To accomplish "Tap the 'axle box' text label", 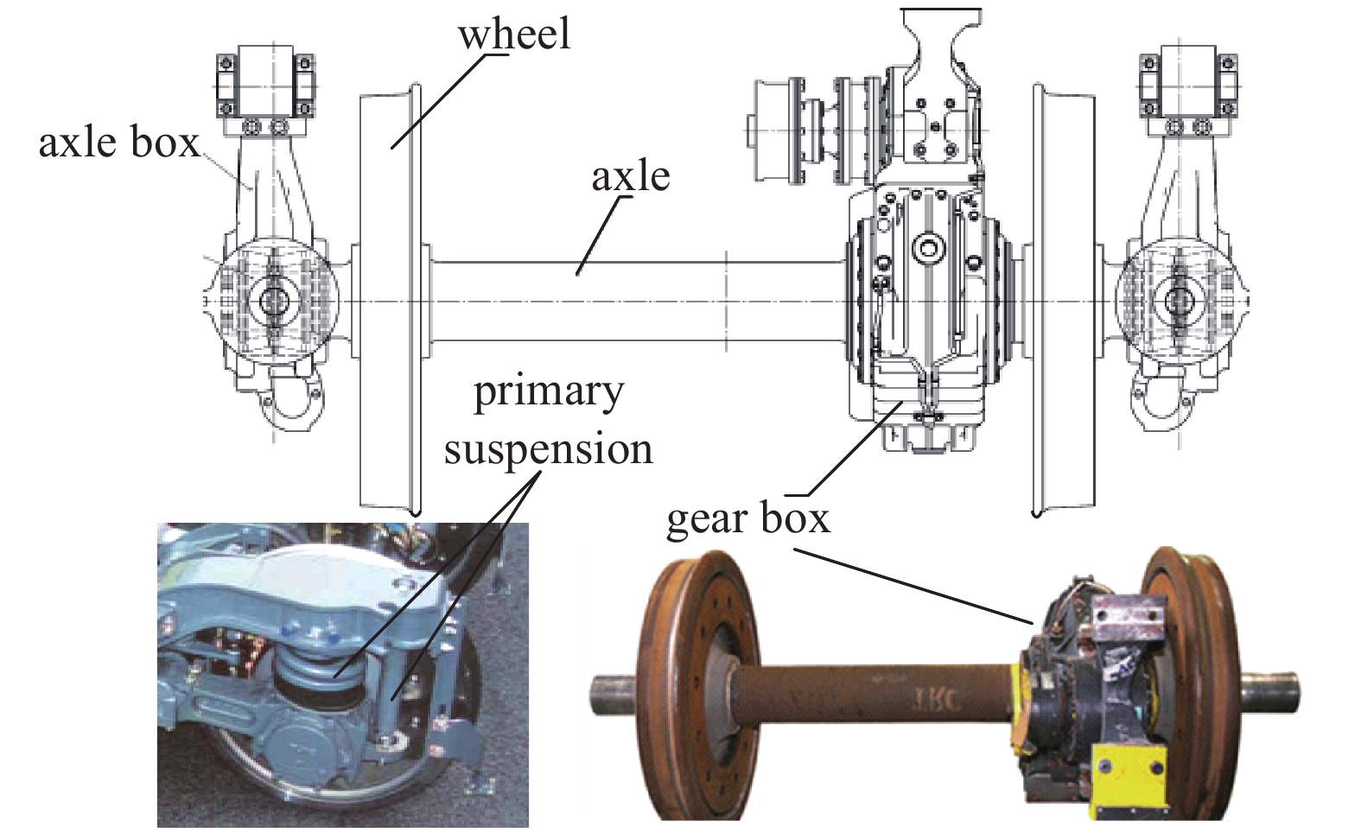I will tap(118, 143).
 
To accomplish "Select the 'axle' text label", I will tap(630, 176).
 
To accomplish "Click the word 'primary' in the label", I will tap(548, 392).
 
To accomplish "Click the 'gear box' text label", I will tap(747, 519).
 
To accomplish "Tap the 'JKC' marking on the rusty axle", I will tap(927, 699).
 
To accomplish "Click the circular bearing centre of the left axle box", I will tap(274, 302).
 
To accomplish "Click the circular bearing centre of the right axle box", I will tap(1177, 302).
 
